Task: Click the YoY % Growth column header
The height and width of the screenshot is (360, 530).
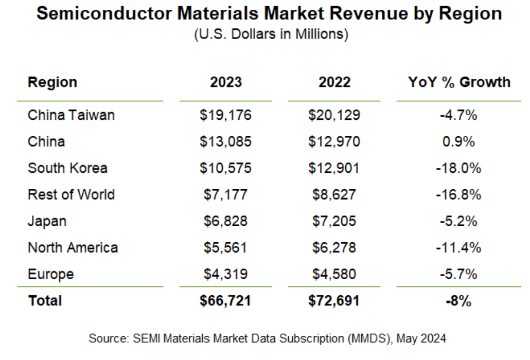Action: coord(459,82)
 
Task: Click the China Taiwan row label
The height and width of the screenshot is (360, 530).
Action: coord(71,115)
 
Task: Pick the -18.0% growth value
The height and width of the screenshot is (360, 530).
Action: coord(459,168)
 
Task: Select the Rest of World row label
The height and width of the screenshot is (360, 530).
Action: coord(71,194)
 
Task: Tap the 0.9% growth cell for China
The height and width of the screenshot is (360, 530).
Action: coord(459,141)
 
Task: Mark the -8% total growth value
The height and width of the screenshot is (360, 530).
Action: coord(459,301)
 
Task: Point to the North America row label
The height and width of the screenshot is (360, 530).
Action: coord(73,247)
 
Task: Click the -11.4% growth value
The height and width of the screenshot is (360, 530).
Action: coord(459,247)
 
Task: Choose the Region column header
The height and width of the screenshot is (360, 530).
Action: coord(52,82)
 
